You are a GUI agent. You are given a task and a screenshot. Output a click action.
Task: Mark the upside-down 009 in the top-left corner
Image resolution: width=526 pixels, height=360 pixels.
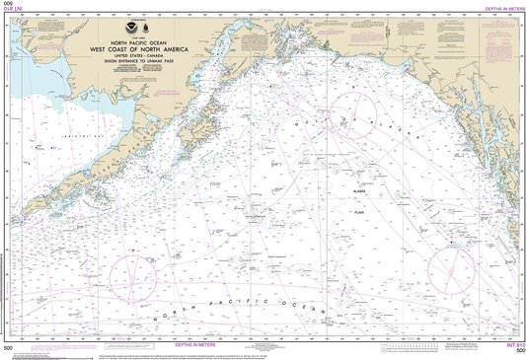(9, 9)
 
